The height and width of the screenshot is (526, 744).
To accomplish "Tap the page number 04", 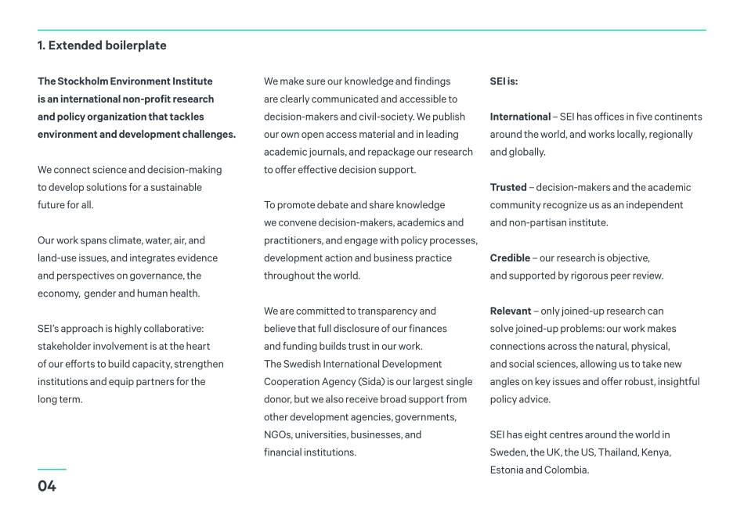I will [x=47, y=487].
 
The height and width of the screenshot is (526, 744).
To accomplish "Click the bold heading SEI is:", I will [x=504, y=81].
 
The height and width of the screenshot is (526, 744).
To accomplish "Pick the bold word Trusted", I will [x=508, y=188].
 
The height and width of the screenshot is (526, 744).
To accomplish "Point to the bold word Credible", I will [x=511, y=258].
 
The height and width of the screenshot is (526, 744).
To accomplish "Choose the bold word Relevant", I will [x=511, y=312].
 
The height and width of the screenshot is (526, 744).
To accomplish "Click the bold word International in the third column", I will [x=520, y=117].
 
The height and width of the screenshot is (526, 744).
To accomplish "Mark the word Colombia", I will [x=565, y=470].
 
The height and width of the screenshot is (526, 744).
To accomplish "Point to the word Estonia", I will [x=507, y=470].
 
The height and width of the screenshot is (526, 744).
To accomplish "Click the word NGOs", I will [x=279, y=435].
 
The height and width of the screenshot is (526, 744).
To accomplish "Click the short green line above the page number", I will [x=52, y=470].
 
